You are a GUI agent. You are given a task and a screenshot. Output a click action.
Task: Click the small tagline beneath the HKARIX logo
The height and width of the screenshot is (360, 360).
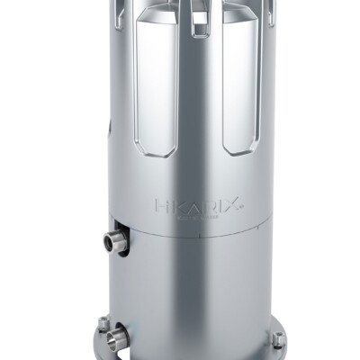(198, 216)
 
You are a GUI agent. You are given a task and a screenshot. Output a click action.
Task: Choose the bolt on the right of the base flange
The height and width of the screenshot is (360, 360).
(278, 340)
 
